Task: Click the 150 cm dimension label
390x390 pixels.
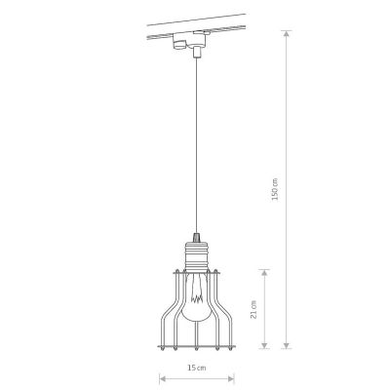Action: (275, 189)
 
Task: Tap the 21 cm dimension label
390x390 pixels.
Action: (253, 309)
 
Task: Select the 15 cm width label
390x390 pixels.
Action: (197, 368)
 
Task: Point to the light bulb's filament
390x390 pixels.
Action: (197, 290)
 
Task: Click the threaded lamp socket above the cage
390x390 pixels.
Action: (196, 256)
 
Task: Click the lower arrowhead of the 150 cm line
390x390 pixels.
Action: (287, 344)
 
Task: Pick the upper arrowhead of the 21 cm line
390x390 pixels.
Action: (265, 274)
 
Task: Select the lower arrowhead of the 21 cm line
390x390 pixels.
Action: (265, 344)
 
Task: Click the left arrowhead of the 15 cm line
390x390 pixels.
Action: (164, 378)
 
